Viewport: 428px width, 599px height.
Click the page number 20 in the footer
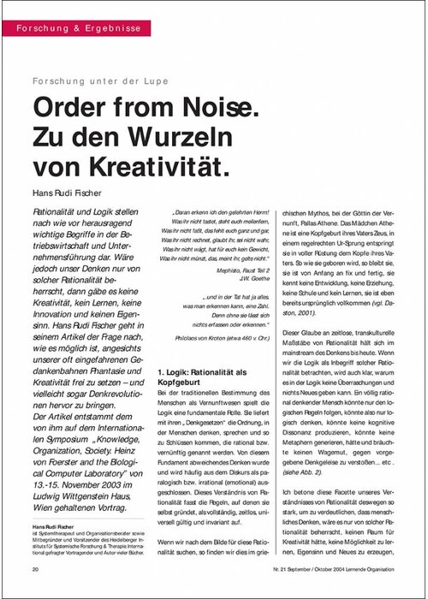[34, 568]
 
